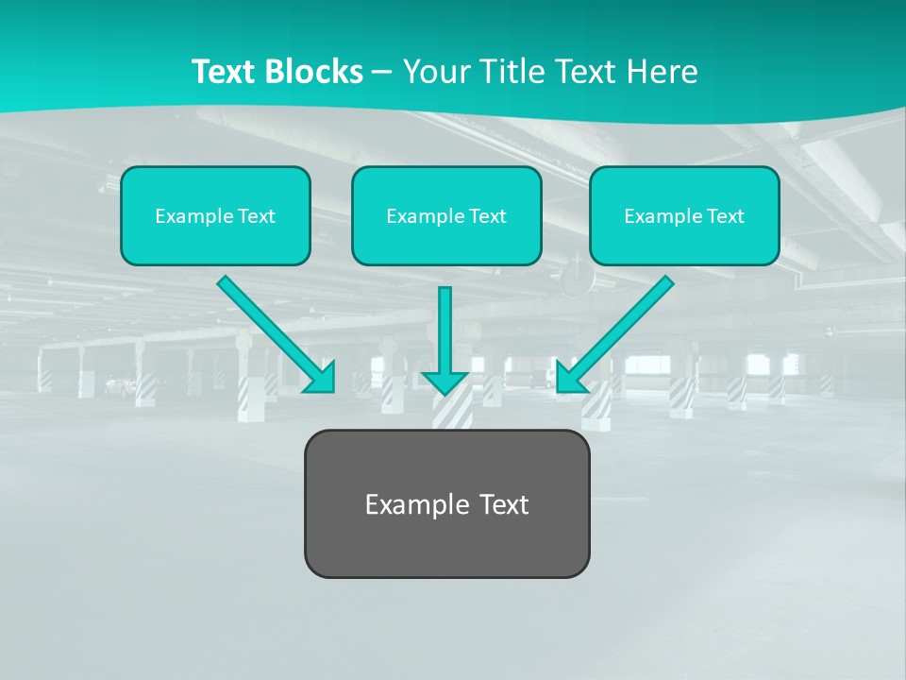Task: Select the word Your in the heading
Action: click(x=434, y=72)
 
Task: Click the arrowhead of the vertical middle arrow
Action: click(x=445, y=382)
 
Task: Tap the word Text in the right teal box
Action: click(x=725, y=216)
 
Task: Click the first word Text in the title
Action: click(x=225, y=72)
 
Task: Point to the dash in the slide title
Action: click(x=383, y=72)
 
